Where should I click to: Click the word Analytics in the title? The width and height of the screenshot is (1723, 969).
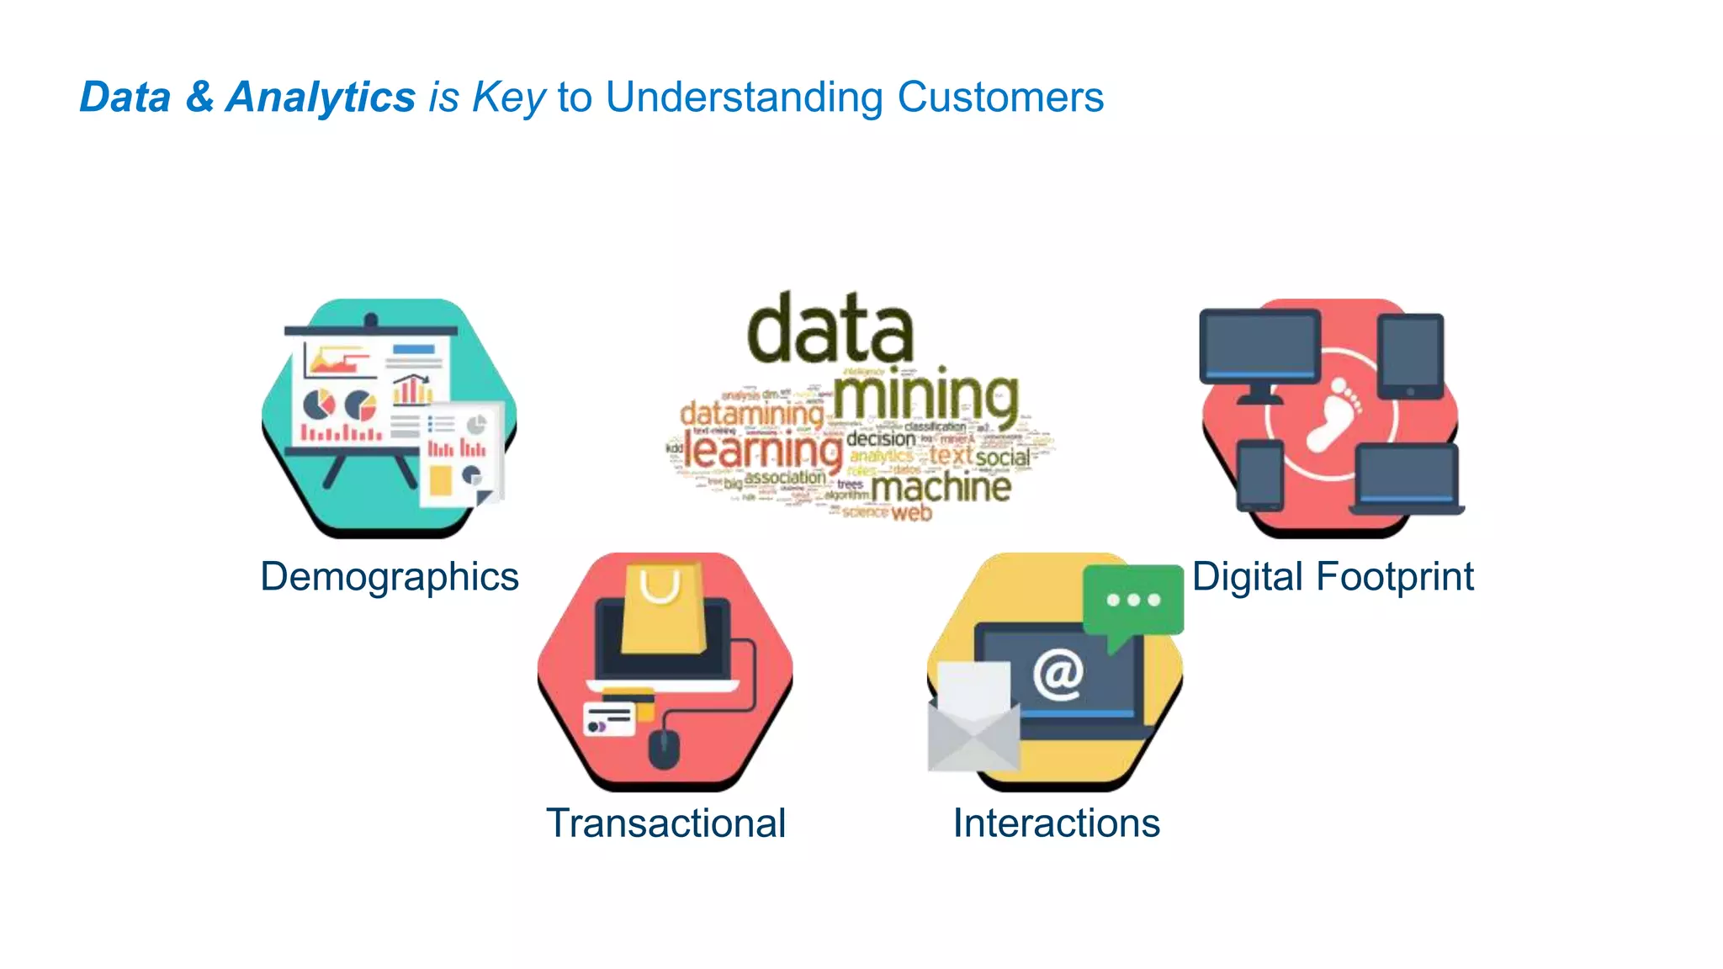coord(321,97)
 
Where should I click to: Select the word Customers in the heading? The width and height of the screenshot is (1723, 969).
coord(1000,97)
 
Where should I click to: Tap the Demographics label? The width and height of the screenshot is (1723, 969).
coord(390,577)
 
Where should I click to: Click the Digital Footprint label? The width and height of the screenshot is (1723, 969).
coord(1333,577)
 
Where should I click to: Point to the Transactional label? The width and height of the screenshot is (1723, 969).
coord(665,823)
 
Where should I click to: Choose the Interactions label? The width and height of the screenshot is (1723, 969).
coord(1056,823)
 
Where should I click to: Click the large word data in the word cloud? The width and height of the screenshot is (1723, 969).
coord(830,329)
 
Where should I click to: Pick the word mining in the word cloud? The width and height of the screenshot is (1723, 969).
coord(925,397)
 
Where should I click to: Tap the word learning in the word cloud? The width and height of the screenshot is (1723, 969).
coord(762,452)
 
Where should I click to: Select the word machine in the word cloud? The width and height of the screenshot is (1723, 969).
coord(941,487)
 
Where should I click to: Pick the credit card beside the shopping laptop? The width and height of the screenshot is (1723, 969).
coord(610,719)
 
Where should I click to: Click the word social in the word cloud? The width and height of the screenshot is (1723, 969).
coord(1003,458)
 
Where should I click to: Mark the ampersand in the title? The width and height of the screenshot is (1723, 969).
coord(199,97)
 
